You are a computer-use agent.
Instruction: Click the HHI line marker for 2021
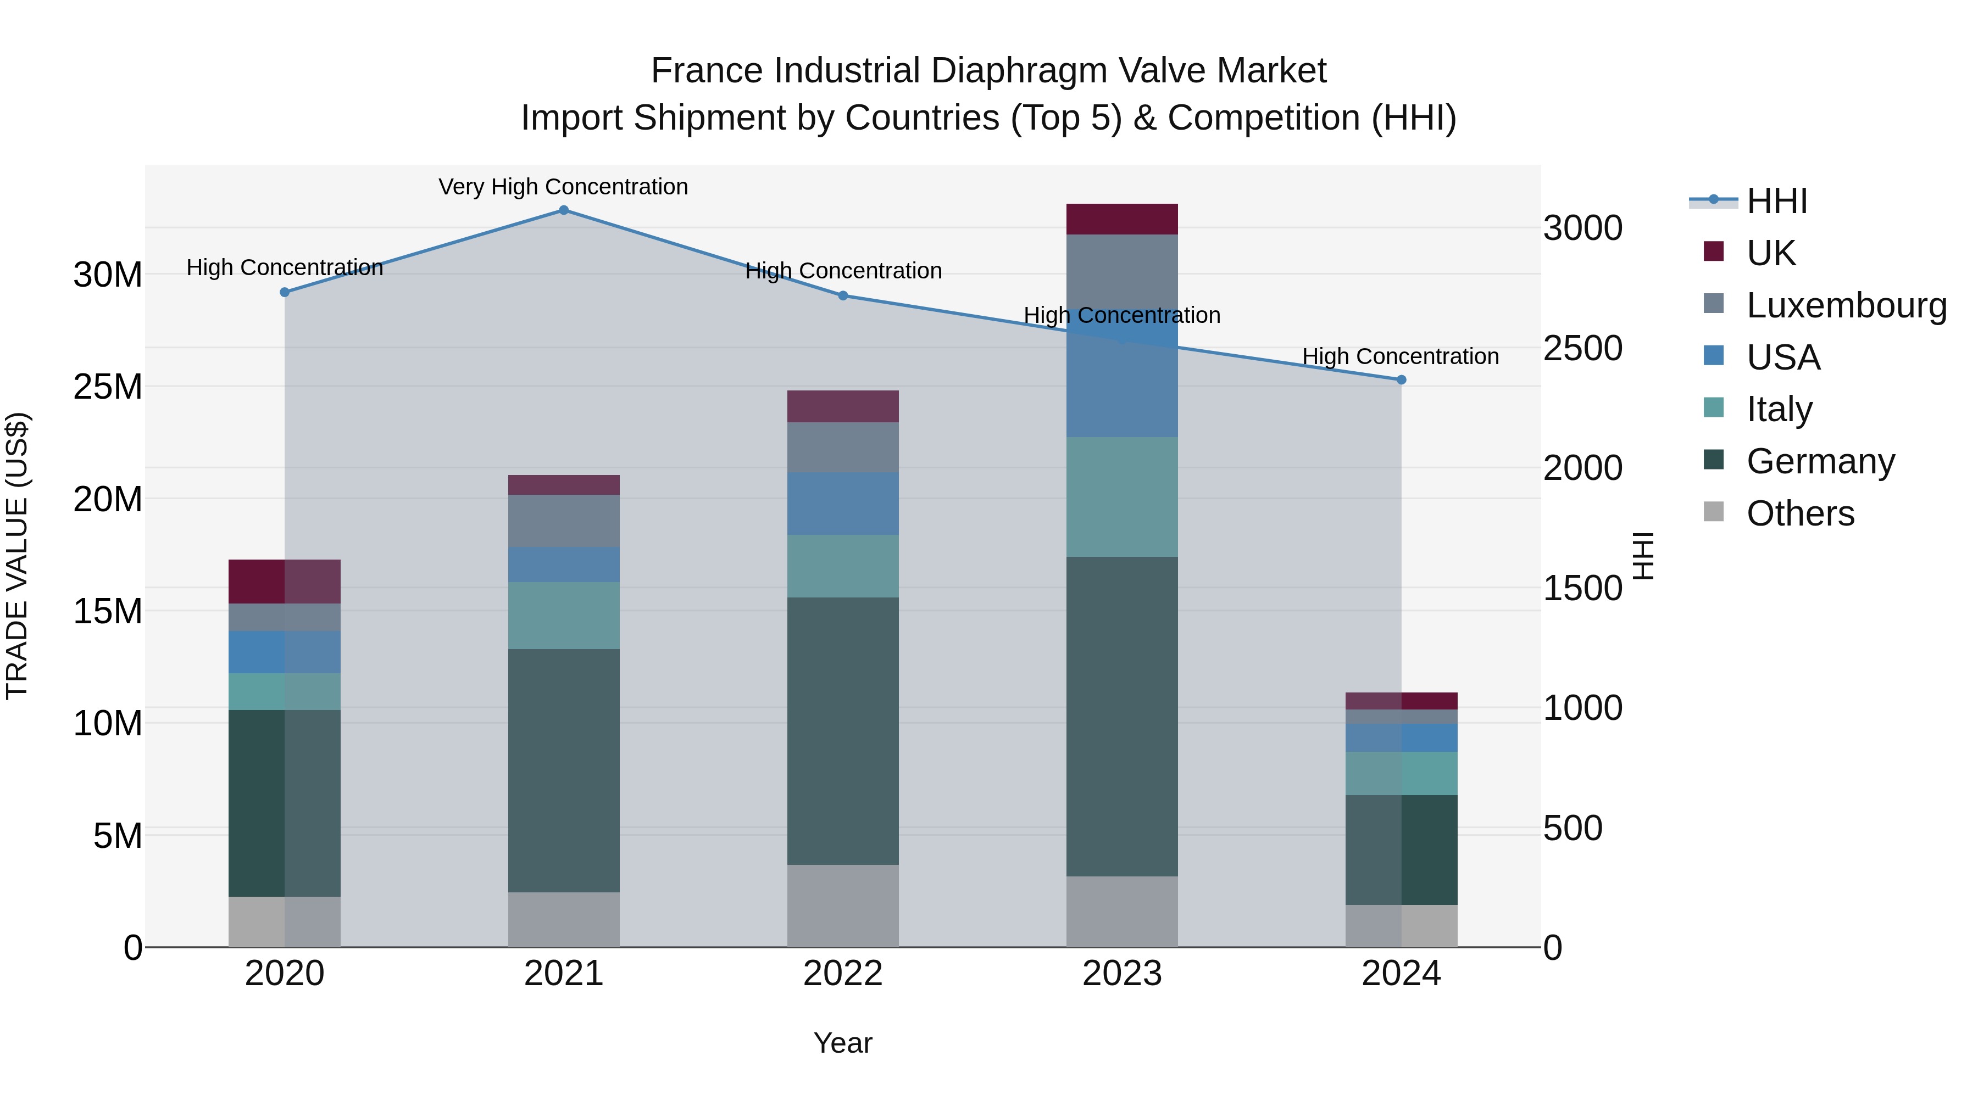tap(564, 210)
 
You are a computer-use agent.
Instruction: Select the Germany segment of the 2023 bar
tap(1122, 716)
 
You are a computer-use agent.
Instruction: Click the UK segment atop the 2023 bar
tap(1122, 220)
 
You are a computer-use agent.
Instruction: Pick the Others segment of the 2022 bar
tap(842, 906)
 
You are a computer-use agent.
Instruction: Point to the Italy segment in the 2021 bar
tap(564, 616)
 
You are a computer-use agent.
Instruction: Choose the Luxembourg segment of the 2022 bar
tap(842, 448)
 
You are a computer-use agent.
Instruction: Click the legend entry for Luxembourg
tap(1846, 305)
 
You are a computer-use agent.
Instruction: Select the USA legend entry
tap(1783, 357)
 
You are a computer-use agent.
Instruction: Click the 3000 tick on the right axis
tap(1583, 228)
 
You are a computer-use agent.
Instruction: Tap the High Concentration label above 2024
tap(1401, 357)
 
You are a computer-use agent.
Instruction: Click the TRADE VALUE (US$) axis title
tap(17, 556)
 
